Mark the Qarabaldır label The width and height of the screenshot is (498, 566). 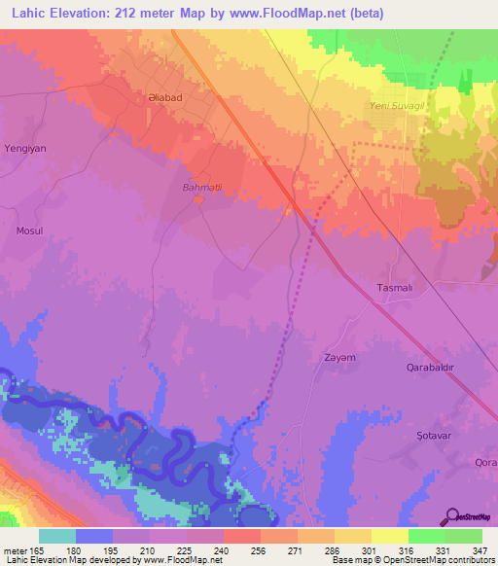(x=430, y=368)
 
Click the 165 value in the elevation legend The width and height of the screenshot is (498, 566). (x=36, y=548)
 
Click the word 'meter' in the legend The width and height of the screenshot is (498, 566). (x=14, y=548)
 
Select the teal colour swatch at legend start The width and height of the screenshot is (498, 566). (x=56, y=535)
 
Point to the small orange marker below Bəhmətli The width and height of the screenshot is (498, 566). (x=198, y=199)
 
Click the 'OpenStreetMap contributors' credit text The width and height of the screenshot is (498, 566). (x=432, y=560)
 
